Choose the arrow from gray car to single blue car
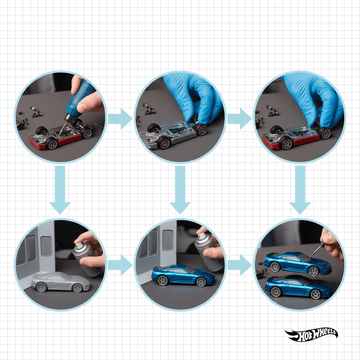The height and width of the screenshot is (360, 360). (120, 265)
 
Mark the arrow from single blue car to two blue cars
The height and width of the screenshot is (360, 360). (240, 265)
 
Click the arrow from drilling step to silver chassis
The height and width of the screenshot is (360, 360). (120, 119)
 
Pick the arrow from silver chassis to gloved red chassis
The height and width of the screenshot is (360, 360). (240, 119)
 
